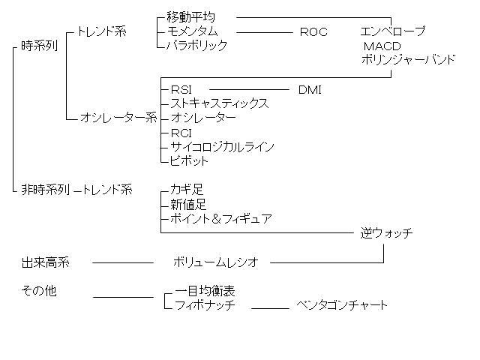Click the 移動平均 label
[x=190, y=17]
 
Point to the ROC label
[x=313, y=32]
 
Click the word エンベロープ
[x=392, y=31]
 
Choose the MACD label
[x=382, y=46]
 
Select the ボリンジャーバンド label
[x=408, y=59]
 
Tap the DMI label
[x=310, y=90]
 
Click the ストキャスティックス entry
[x=220, y=103]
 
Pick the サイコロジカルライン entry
[x=222, y=146]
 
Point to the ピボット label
[x=190, y=160]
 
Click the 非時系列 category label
[x=45, y=190]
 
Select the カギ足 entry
[x=187, y=190]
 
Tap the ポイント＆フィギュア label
[x=221, y=219]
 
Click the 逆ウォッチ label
[x=386, y=233]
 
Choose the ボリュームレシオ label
[x=215, y=262]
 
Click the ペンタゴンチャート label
[x=342, y=305]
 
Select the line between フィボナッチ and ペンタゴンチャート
[x=270, y=307]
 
